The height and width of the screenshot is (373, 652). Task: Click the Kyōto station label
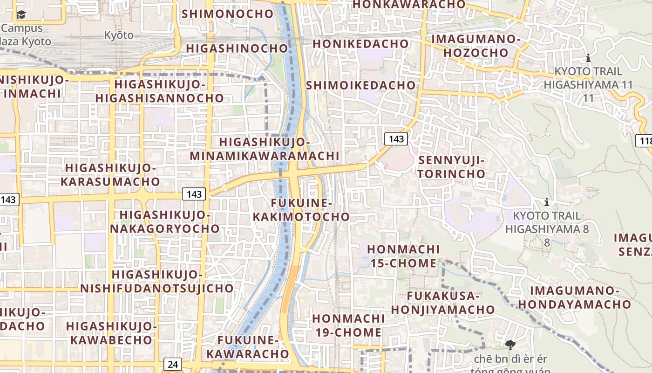point(118,35)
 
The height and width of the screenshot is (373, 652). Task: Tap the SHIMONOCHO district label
point(227,14)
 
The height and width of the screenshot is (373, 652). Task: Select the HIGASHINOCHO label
point(237,48)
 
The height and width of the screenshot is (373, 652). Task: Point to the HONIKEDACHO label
point(360,44)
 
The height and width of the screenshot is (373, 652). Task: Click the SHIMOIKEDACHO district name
point(360,85)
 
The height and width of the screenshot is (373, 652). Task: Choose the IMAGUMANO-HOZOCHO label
point(475,45)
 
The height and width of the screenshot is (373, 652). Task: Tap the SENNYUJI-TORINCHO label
point(452,167)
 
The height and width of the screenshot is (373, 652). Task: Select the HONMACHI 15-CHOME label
point(403,256)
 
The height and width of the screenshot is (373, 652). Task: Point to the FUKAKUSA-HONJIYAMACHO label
point(442,303)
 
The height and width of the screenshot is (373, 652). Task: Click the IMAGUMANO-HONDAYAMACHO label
point(574,297)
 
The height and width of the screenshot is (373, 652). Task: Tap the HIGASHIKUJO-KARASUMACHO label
point(110,174)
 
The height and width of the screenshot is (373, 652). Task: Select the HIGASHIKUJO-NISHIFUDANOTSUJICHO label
point(156,281)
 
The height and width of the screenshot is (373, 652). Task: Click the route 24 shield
point(173,364)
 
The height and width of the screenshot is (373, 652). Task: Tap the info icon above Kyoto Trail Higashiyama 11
point(588,58)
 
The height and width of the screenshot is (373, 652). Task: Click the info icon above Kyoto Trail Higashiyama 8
point(547,202)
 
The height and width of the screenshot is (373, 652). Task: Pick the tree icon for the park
point(510,345)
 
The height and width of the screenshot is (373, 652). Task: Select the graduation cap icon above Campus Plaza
point(21,15)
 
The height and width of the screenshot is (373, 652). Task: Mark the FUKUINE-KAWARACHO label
point(248,347)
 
